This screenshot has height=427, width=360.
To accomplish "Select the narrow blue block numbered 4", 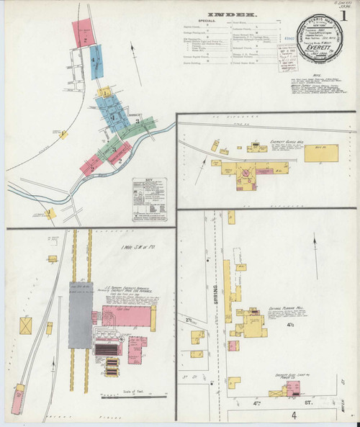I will click(x=96, y=60).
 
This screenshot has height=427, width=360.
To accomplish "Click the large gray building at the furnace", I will click(x=79, y=315).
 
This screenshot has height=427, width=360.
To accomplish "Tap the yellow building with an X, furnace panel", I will click(x=27, y=325).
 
